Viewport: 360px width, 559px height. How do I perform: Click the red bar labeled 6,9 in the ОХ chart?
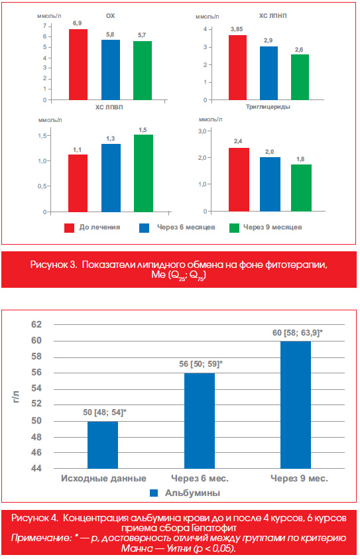78,64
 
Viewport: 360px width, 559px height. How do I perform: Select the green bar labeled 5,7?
143,70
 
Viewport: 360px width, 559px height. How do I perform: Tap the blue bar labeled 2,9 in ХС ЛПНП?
269,73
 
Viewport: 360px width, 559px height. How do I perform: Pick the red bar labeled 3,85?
238,68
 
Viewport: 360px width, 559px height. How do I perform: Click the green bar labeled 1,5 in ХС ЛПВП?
144,173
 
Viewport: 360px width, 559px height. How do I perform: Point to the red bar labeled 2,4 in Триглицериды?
239,180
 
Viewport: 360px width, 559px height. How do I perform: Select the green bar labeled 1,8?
301,188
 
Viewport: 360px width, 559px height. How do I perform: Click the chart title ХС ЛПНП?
272,16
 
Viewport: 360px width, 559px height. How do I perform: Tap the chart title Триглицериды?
268,107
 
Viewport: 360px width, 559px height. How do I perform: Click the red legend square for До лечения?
69,228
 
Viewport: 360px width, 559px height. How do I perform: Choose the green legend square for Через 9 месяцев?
234,228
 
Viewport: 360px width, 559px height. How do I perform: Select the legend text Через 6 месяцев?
186,227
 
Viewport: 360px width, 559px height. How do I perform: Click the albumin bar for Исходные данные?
103,445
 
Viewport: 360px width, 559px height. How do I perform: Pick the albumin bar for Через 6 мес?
200,420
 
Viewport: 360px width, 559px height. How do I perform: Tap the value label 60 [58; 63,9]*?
298,333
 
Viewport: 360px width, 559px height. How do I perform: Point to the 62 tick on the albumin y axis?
36,324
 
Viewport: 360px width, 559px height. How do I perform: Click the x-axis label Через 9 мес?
299,478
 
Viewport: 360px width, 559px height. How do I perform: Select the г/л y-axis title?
16,397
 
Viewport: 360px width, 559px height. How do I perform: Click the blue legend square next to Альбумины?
154,493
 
